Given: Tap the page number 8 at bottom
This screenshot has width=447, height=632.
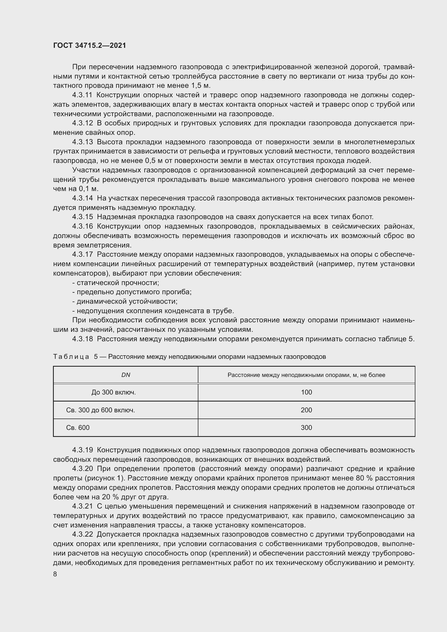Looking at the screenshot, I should pos(55,574).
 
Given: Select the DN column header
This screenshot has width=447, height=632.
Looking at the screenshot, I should pos(126,375).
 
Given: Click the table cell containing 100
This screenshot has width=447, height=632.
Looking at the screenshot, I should pos(306,392).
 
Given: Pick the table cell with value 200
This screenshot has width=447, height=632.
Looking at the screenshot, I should pos(306,410).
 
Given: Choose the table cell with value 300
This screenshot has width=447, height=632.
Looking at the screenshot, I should pos(306,428).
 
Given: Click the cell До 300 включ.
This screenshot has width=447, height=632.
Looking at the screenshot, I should pos(114,392).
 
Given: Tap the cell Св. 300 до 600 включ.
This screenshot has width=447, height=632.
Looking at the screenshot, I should pos(101,410).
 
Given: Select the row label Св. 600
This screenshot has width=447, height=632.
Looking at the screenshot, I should pos(78,428).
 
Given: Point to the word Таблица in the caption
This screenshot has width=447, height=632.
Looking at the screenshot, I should pos(71,357).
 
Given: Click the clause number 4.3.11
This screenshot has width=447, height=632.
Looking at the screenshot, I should pos(82,95).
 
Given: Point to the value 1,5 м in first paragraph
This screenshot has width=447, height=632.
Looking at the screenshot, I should pos(201,86).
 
